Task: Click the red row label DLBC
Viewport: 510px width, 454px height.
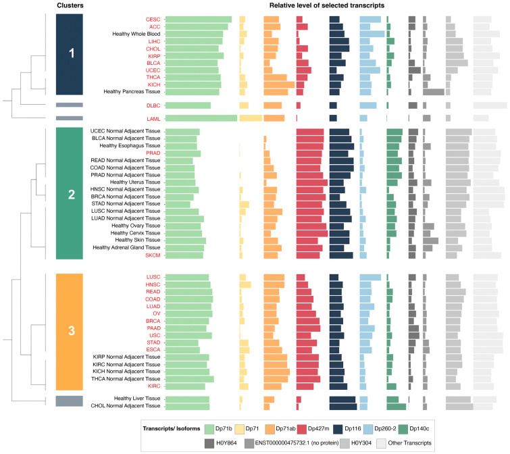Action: pyautogui.click(x=153, y=105)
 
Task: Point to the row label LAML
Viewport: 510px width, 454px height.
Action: pyautogui.click(x=153, y=118)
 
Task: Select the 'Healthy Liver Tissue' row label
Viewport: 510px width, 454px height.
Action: pyautogui.click(x=137, y=399)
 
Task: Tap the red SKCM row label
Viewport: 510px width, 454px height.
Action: pyautogui.click(x=153, y=255)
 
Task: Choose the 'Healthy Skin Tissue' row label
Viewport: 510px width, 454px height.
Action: pyautogui.click(x=137, y=240)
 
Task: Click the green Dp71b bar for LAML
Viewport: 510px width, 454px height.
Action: pyautogui.click(x=201, y=118)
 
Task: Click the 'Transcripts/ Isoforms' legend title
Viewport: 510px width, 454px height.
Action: pyautogui.click(x=171, y=428)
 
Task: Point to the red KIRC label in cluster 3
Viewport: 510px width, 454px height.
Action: pyautogui.click(x=153, y=386)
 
